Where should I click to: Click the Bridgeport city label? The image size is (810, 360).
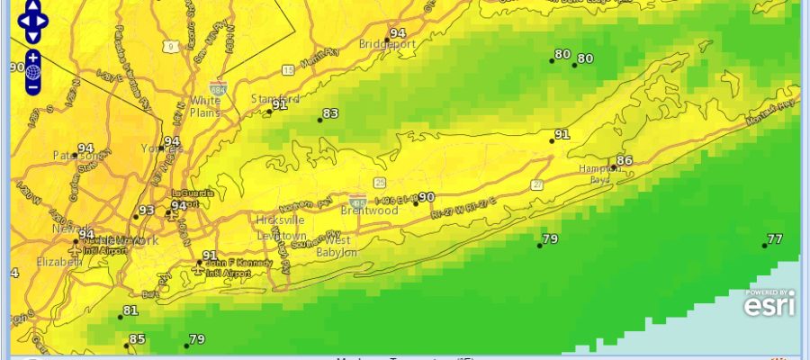click(x=386, y=43)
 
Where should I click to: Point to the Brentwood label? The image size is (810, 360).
click(x=370, y=211)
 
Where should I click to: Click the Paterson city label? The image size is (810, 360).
click(x=74, y=155)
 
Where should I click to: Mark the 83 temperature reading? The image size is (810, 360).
click(x=330, y=113)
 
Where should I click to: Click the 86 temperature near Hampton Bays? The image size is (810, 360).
click(x=624, y=161)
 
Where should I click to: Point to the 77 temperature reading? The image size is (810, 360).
click(x=774, y=238)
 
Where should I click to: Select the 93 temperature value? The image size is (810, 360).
click(x=146, y=211)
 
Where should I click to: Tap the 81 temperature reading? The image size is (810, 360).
click(x=130, y=310)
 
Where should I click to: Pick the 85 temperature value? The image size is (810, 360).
click(x=137, y=339)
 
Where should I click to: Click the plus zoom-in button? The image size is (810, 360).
click(x=32, y=56)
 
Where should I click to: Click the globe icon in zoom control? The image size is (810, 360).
click(x=32, y=72)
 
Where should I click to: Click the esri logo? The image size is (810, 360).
click(x=769, y=305)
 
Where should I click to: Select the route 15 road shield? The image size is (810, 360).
click(x=287, y=70)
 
